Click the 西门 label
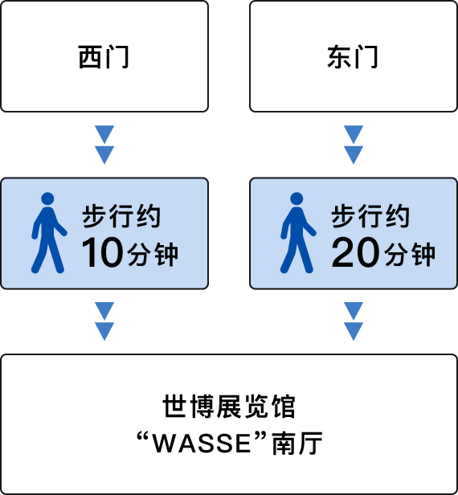click(x=104, y=57)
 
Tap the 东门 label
click(x=353, y=57)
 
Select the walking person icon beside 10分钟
click(x=49, y=233)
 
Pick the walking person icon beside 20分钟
click(x=298, y=233)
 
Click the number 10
click(x=102, y=252)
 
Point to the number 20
click(x=355, y=252)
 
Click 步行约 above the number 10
click(x=121, y=216)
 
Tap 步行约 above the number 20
click(x=370, y=216)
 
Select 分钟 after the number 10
click(x=153, y=255)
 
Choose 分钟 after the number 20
click(x=410, y=255)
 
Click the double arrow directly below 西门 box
click(x=104, y=145)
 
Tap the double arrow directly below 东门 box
click(x=354, y=145)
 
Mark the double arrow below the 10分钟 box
click(x=104, y=321)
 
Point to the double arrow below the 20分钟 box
click(x=354, y=321)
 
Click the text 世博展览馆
click(x=229, y=407)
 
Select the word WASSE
click(x=202, y=444)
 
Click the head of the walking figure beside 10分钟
click(x=47, y=198)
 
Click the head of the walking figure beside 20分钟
click(x=296, y=198)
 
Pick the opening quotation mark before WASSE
click(x=143, y=436)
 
